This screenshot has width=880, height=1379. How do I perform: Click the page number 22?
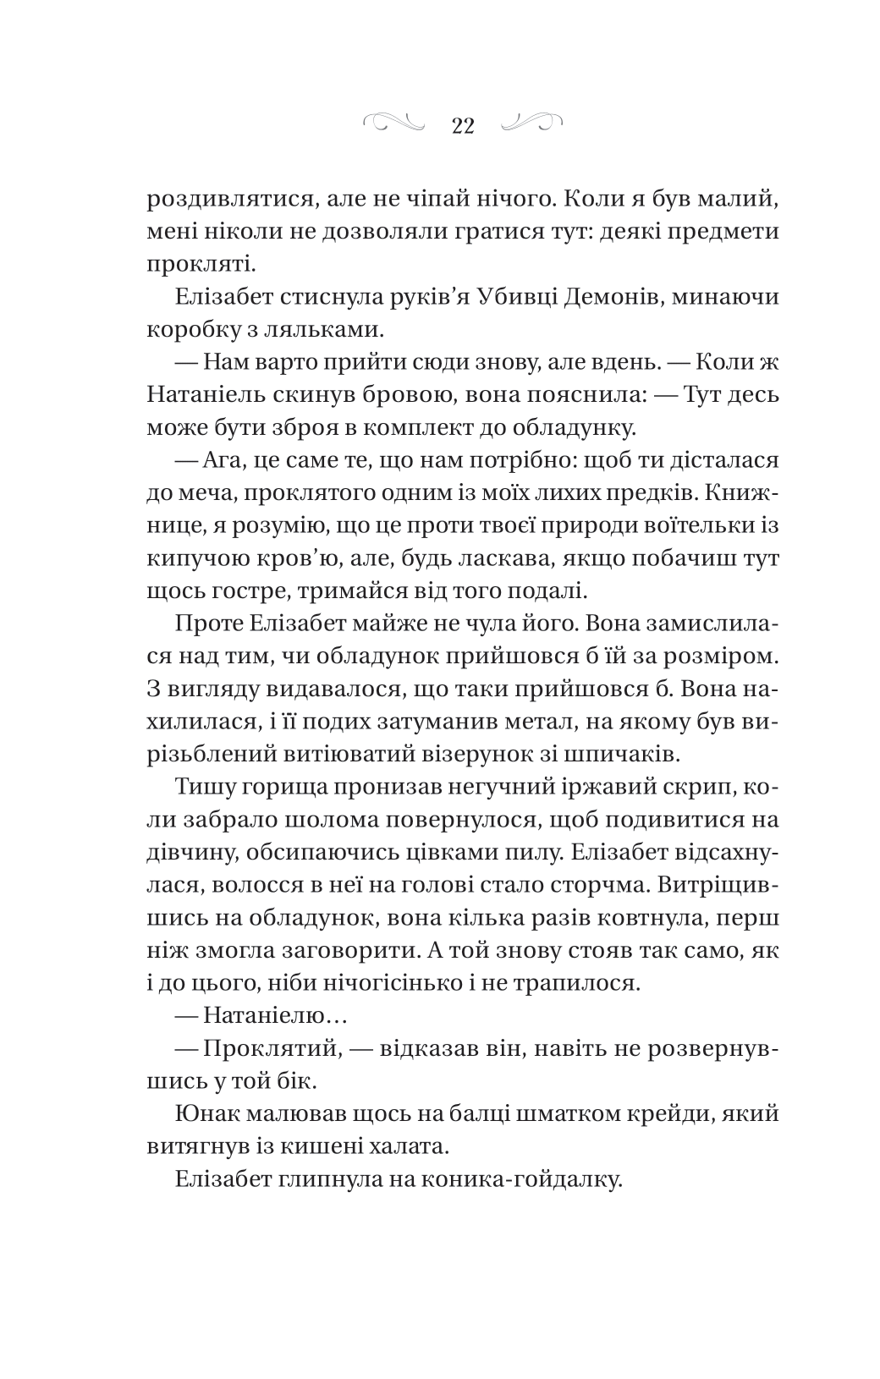click(x=463, y=125)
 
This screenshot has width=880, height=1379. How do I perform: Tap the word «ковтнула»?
click(x=646, y=917)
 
